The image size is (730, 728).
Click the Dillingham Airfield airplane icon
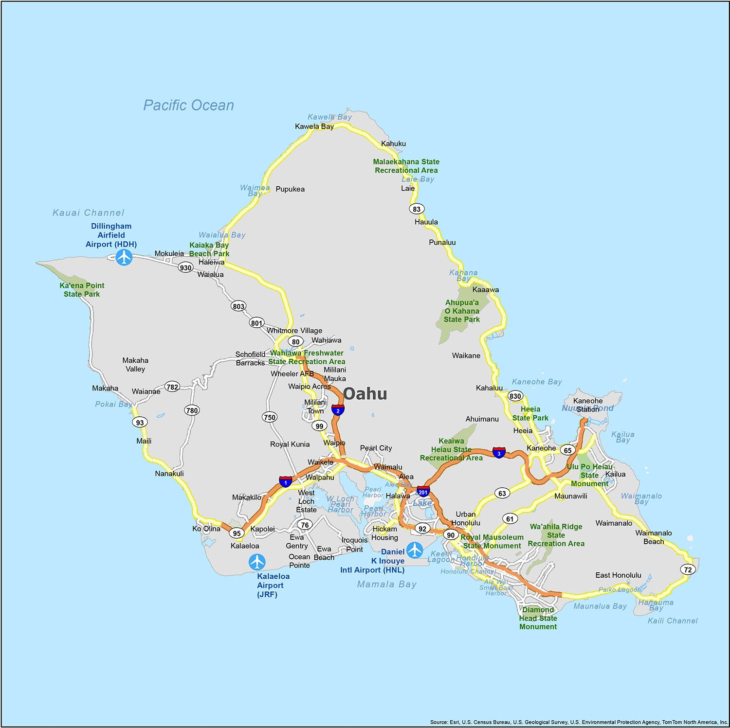click(x=124, y=257)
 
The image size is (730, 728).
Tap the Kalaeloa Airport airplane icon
click(x=257, y=562)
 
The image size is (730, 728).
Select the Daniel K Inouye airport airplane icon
click(x=415, y=550)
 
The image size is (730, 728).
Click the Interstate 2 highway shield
click(x=338, y=409)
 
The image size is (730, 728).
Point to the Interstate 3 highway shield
click(x=499, y=453)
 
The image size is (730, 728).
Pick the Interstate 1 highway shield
click(x=286, y=481)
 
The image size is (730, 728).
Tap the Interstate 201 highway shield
click(x=423, y=491)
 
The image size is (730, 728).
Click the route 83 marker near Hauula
click(x=417, y=209)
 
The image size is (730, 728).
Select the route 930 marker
click(x=185, y=267)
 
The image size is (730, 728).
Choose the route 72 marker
click(x=688, y=569)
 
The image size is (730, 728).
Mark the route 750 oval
click(x=270, y=417)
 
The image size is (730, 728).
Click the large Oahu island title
click(x=365, y=394)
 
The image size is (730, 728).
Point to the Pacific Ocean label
click(x=188, y=105)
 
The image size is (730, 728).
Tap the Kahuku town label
click(x=393, y=143)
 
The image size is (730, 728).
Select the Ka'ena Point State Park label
click(x=82, y=290)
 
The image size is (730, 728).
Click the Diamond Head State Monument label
click(x=538, y=618)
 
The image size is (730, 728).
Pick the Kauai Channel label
click(x=89, y=213)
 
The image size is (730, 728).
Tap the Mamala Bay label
click(x=387, y=584)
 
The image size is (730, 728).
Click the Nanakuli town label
click(x=169, y=473)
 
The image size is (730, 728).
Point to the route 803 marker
click(x=238, y=306)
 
